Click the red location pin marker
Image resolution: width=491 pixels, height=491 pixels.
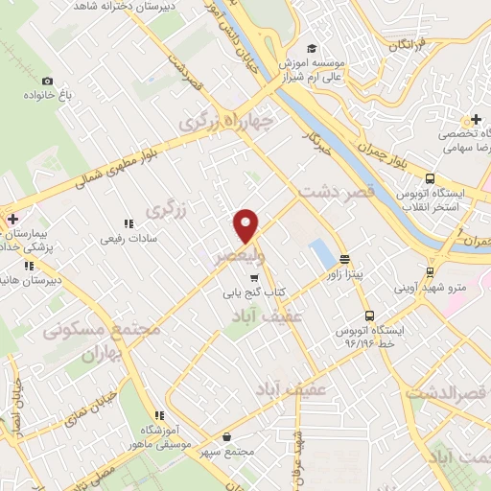click(246, 224)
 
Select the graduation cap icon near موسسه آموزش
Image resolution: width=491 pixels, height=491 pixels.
click(311, 49)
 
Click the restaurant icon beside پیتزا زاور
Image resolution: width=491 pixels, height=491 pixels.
click(343, 260)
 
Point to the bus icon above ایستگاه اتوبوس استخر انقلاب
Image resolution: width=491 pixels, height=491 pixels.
click(429, 178)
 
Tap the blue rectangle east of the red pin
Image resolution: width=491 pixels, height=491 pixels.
click(321, 253)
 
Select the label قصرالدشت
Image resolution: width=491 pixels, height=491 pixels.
click(443, 394)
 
